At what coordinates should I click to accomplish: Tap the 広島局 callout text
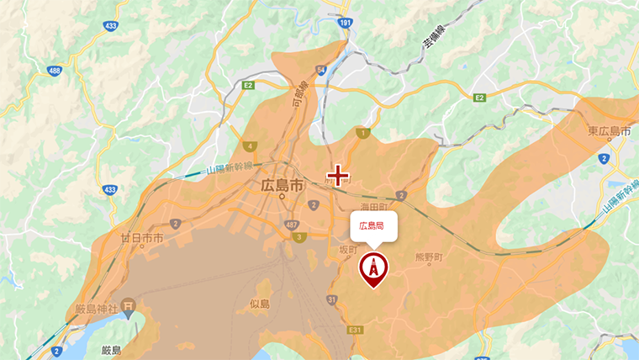(x=372, y=225)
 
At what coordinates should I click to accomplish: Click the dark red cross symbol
(x=338, y=175)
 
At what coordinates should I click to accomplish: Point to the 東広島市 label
(x=610, y=131)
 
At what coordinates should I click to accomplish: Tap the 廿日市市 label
(x=141, y=239)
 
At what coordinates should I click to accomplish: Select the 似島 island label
(x=259, y=303)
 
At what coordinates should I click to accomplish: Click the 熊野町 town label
(x=428, y=258)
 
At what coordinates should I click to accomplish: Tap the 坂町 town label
(x=348, y=251)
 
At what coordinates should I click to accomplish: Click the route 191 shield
(x=346, y=27)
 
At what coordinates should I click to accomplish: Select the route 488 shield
(x=55, y=71)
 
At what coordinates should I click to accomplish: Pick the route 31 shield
(x=333, y=299)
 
